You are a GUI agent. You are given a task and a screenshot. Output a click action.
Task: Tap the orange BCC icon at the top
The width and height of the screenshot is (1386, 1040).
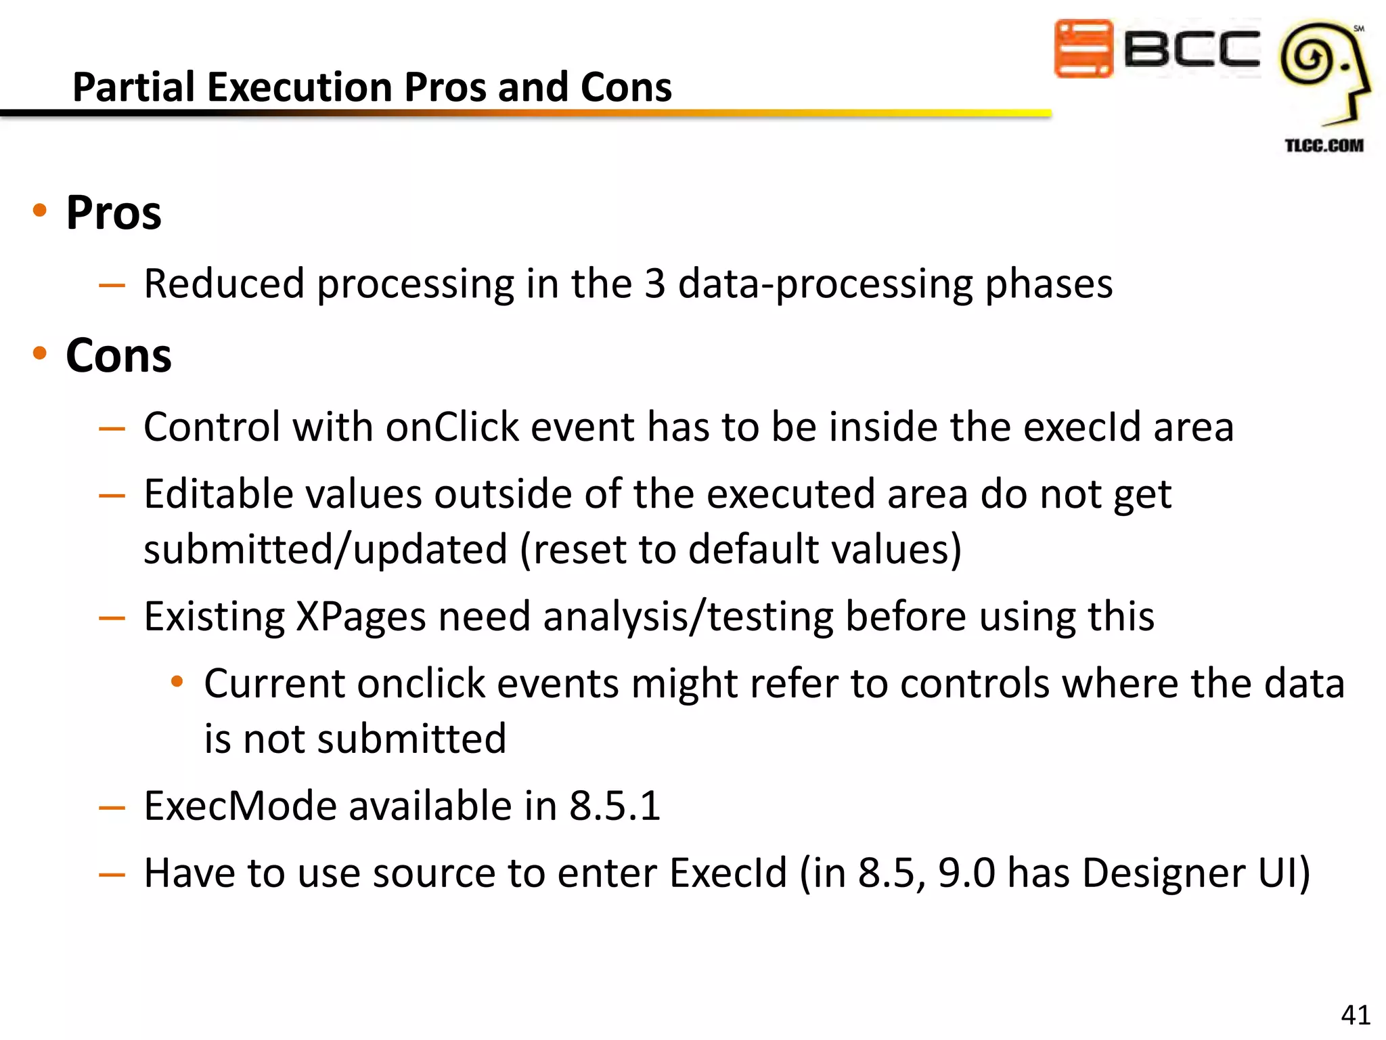[1083, 49]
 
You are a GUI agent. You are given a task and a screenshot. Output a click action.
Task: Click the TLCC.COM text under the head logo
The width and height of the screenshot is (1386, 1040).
[1324, 146]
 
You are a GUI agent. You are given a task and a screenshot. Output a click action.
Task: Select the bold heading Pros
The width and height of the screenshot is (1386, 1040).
[114, 213]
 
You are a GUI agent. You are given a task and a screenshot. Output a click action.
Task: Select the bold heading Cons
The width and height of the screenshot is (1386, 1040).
[118, 356]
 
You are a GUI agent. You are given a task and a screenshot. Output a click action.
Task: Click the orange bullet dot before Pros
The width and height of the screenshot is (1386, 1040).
[40, 211]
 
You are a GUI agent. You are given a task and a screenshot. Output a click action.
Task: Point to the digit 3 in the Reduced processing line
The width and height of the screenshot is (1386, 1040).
[654, 284]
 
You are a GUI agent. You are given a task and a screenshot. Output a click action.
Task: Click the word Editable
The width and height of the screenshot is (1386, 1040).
[219, 494]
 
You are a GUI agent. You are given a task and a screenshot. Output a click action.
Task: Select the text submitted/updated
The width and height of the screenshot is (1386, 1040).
[326, 549]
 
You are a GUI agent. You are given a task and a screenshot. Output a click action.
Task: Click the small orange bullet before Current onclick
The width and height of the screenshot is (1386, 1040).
[177, 681]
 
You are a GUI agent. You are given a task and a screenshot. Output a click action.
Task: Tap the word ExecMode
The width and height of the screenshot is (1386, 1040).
[240, 806]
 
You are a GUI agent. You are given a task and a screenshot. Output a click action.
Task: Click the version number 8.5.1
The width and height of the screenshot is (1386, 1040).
[614, 806]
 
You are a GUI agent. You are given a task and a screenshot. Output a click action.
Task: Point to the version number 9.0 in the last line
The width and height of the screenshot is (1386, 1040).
[966, 873]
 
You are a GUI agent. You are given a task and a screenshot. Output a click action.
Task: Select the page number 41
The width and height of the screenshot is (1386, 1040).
[1355, 1015]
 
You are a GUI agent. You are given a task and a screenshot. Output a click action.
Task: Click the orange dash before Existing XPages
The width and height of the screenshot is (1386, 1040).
[112, 618]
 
